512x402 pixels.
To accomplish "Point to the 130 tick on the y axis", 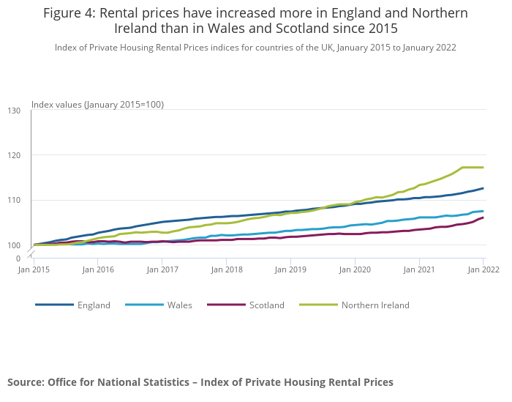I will pyautogui.click(x=15, y=111).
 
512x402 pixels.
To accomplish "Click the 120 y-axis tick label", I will pyautogui.click(x=15, y=155).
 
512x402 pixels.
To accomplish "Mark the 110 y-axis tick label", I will pyautogui.click(x=15, y=200).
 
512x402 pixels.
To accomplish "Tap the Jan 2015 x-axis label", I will pyautogui.click(x=35, y=269).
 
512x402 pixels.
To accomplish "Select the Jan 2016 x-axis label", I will pyautogui.click(x=99, y=269).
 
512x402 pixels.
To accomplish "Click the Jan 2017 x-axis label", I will pyautogui.click(x=163, y=269).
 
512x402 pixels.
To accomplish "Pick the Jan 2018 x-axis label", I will pyautogui.click(x=227, y=269).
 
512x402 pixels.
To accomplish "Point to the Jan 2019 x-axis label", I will pyautogui.click(x=291, y=269).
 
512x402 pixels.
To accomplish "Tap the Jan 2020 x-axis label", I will pyautogui.click(x=355, y=269).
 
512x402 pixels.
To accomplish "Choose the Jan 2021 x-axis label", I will pyautogui.click(x=419, y=269).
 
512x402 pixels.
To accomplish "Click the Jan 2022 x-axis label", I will pyautogui.click(x=483, y=269).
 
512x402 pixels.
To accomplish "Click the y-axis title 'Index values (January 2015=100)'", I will pyautogui.click(x=97, y=105).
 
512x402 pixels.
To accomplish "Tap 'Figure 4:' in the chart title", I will pyautogui.click(x=72, y=13).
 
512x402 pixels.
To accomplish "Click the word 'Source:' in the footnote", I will pyautogui.click(x=26, y=382).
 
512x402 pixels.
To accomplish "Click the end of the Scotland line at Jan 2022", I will pyautogui.click(x=483, y=217).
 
